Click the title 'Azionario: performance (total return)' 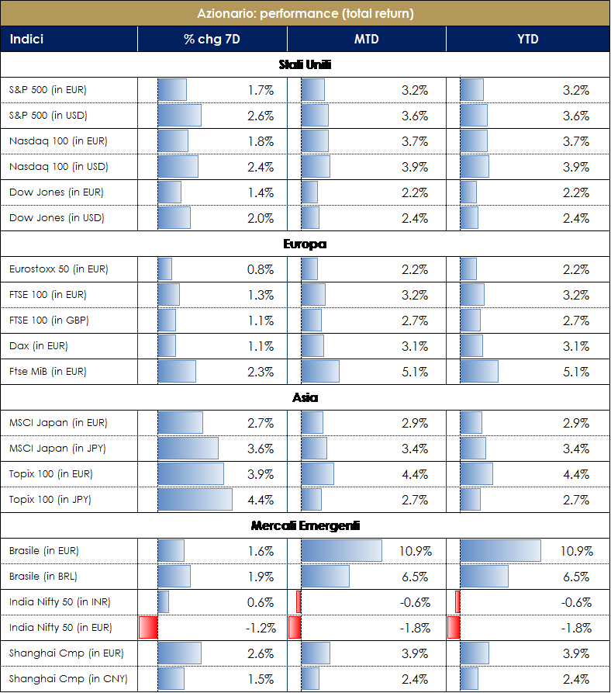[305, 13]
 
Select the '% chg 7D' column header [212, 39]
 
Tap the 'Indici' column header [27, 39]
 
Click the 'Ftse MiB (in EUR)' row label [48, 372]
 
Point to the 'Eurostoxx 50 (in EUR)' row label [59, 269]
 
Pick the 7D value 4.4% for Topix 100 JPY [261, 500]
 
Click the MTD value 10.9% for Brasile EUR [412, 551]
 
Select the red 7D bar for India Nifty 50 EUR [148, 628]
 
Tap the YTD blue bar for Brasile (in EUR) [500, 551]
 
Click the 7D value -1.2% [259, 628]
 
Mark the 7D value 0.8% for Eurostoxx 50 [261, 269]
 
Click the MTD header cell [366, 39]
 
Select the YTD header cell [527, 39]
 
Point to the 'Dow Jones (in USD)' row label [57, 218]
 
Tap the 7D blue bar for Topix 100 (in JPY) [195, 500]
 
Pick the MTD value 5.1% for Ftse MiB [415, 372]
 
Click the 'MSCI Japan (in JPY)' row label [57, 449]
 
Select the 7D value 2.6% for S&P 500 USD [261, 116]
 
